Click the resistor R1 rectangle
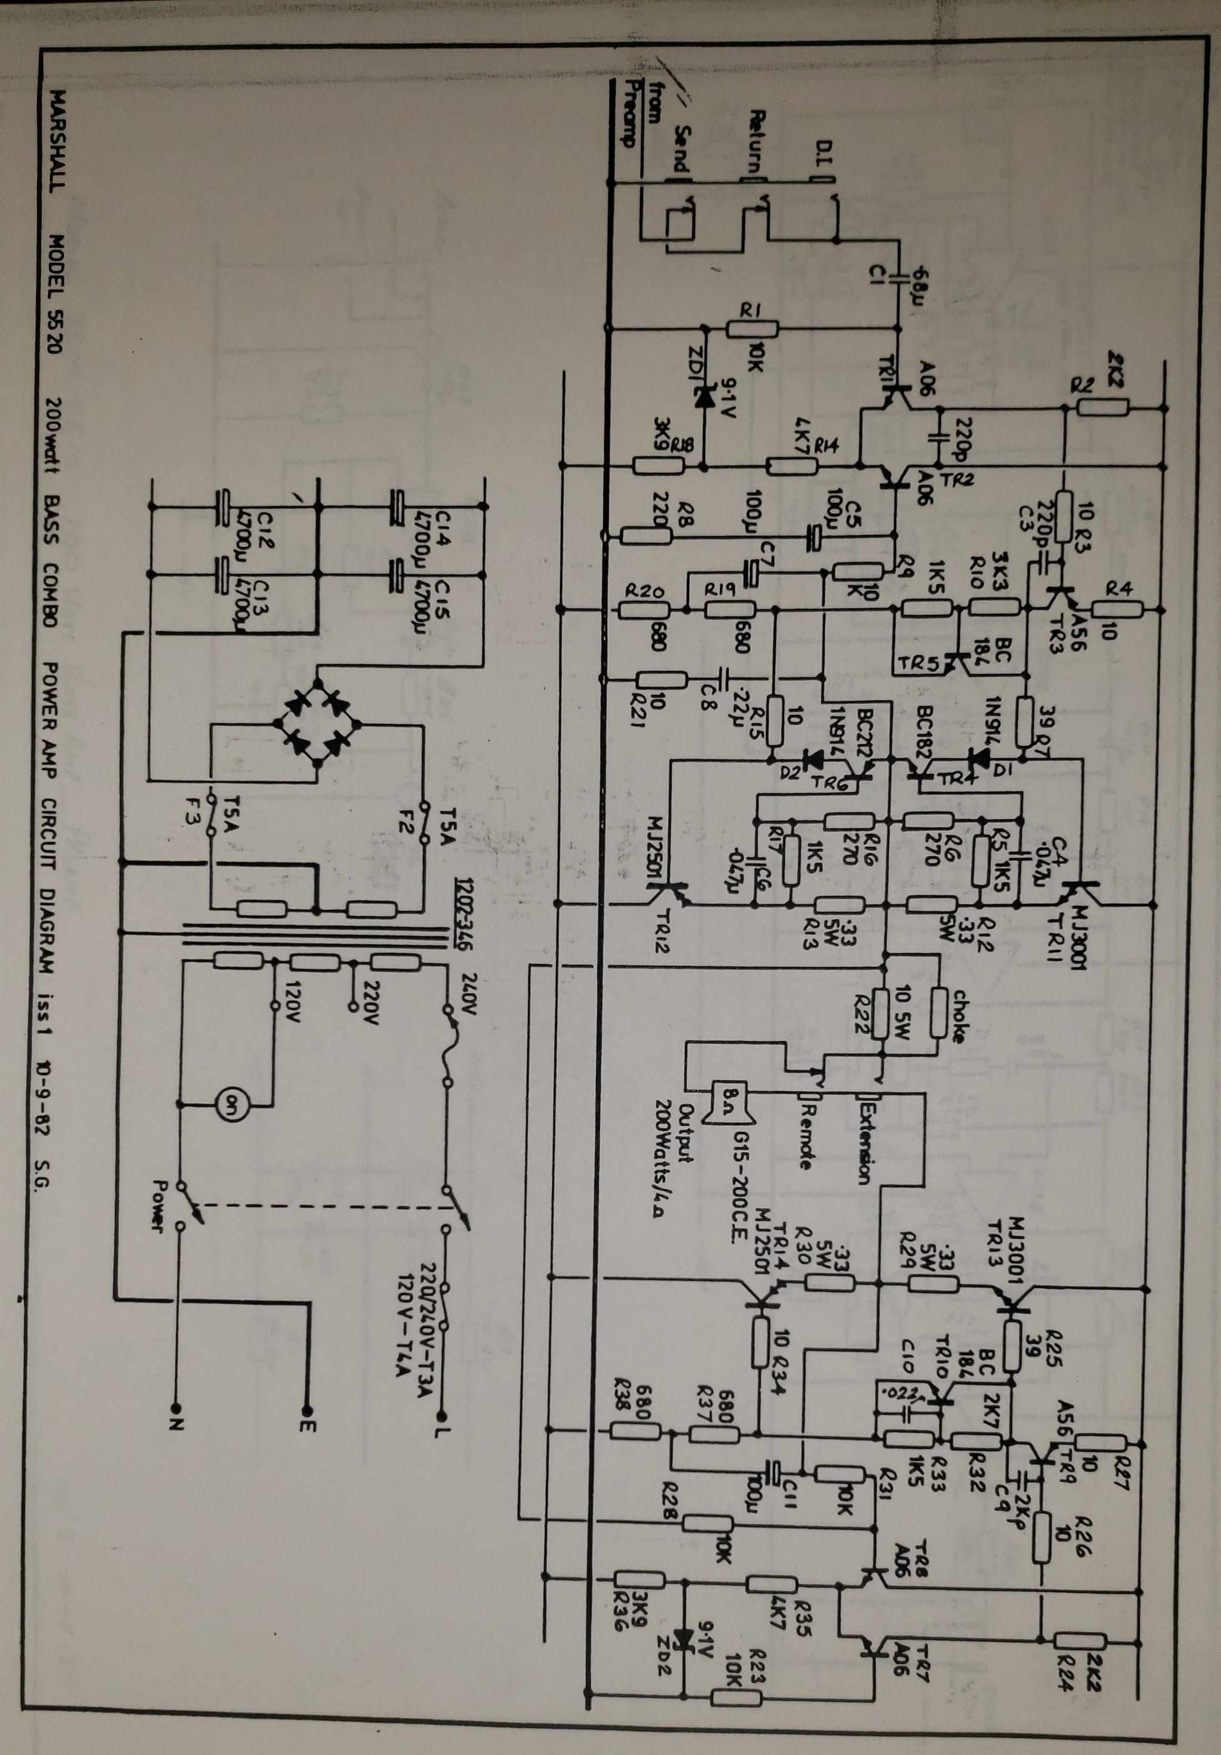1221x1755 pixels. pos(752,329)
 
